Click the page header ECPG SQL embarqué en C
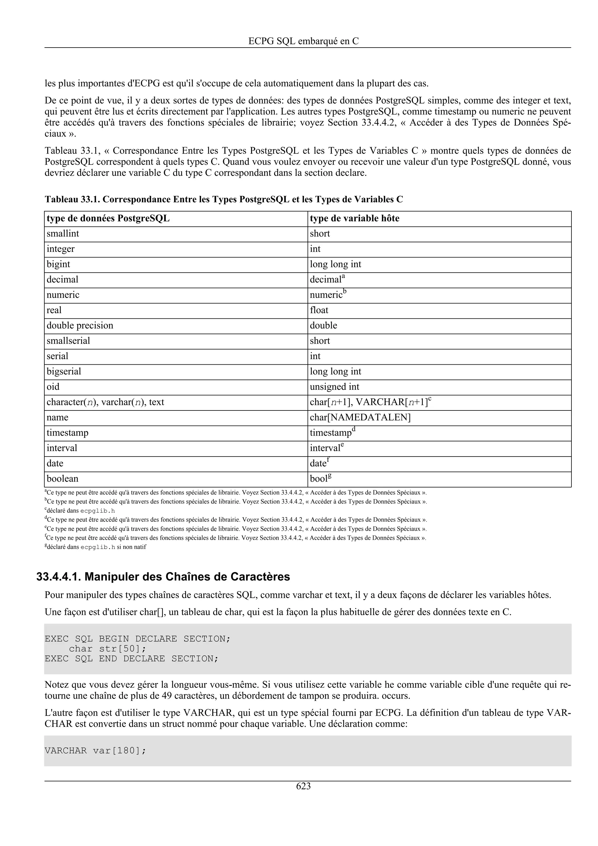303,41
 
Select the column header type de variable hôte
354,218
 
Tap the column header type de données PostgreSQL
108,218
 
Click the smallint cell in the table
63,234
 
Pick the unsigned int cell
334,387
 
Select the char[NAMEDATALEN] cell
360,417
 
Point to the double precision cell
80,326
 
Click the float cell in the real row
319,310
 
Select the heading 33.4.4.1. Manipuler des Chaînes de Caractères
163,577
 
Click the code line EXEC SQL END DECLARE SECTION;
131,659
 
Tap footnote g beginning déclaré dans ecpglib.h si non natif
95,547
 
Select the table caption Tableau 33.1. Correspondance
224,199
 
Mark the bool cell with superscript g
321,479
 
